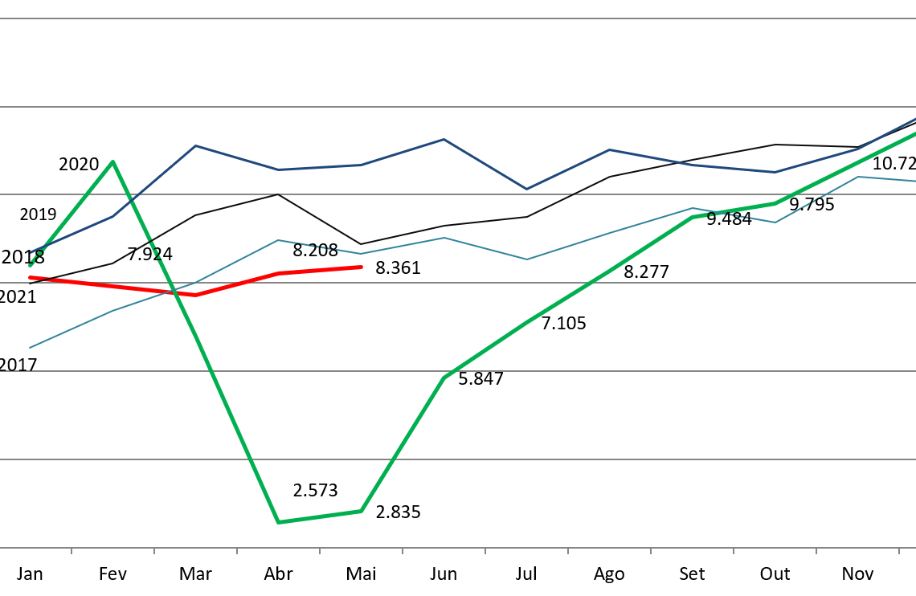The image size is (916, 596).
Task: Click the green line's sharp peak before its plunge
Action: pyautogui.click(x=112, y=161)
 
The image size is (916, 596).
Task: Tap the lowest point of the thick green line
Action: pyautogui.click(x=278, y=522)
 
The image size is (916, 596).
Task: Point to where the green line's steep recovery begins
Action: pyautogui.click(x=361, y=511)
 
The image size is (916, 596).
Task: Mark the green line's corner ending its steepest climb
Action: pyautogui.click(x=444, y=377)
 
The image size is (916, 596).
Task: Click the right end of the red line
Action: pyautogui.click(x=362, y=267)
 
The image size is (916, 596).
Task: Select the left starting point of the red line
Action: pyautogui.click(x=30, y=277)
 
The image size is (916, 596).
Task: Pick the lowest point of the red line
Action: pyautogui.click(x=195, y=295)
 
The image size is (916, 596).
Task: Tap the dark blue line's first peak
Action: pyautogui.click(x=195, y=145)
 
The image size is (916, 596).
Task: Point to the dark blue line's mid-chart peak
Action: pyautogui.click(x=444, y=139)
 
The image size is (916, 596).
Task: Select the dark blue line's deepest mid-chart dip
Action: pyautogui.click(x=527, y=190)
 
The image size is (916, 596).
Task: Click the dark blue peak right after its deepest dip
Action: pyautogui.click(x=610, y=149)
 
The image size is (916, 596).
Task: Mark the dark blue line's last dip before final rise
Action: pyautogui.click(x=775, y=172)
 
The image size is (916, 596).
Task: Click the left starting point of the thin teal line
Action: pyautogui.click(x=30, y=348)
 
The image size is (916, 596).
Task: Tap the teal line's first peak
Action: pyautogui.click(x=278, y=239)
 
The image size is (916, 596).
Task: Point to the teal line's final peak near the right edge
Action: pyautogui.click(x=858, y=177)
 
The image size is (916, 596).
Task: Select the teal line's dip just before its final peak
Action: pyautogui.click(x=775, y=222)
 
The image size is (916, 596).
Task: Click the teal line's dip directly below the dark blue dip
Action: pyautogui.click(x=527, y=259)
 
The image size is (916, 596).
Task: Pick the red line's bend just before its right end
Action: pyautogui.click(x=278, y=273)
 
